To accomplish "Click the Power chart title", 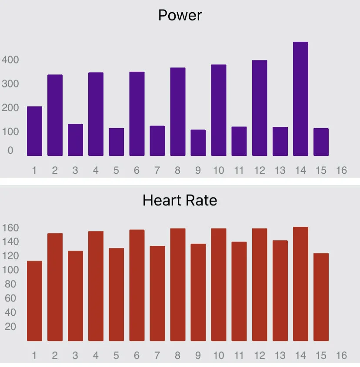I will [x=180, y=16].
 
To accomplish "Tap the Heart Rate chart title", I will [x=180, y=201].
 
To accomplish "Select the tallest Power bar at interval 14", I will [x=300, y=99].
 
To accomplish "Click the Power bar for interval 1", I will [x=34, y=131].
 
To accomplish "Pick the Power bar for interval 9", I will [x=198, y=142].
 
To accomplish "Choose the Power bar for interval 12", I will [x=260, y=108].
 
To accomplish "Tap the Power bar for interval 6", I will [x=137, y=114].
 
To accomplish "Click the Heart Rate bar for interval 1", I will [x=34, y=301].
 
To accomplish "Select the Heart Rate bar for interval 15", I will [x=321, y=297].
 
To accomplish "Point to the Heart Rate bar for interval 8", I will [x=177, y=284].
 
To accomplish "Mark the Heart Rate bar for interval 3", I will [x=75, y=296].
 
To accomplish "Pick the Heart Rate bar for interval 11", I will [x=239, y=291].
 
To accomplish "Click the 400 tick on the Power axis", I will [x=10, y=60].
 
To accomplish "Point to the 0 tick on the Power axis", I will [x=10, y=151].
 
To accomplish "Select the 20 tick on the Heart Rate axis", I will [x=10, y=327].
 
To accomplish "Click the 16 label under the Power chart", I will [x=341, y=170].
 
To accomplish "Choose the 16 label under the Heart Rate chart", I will [x=341, y=355].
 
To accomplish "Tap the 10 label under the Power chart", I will [x=218, y=170].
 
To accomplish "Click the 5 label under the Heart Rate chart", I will [x=116, y=355].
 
